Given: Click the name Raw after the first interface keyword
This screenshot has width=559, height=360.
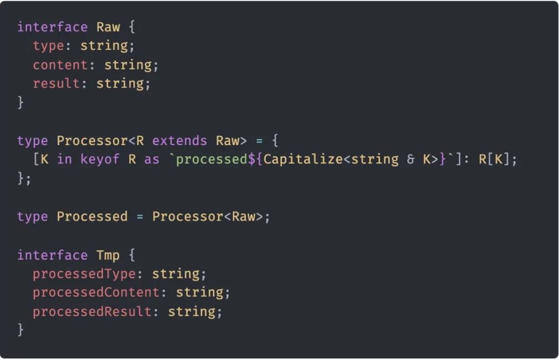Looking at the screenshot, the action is point(108,27).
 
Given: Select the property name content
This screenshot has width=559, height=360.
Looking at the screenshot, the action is point(60,65).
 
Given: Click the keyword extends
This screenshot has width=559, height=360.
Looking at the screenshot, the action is point(180,141).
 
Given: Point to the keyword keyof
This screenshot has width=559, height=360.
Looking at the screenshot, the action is point(100,160).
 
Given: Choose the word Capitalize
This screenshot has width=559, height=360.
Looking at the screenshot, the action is point(303,160).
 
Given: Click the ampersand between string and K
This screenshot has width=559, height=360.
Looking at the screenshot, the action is point(411,160).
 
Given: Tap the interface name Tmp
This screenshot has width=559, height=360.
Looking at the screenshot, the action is point(108,255).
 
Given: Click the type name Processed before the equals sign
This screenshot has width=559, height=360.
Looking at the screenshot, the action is point(92,217).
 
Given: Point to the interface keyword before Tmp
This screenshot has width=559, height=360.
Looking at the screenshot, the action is point(53,255).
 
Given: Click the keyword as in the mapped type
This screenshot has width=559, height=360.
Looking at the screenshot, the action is point(152,160).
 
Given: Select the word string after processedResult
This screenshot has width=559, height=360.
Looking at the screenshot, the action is point(192,311).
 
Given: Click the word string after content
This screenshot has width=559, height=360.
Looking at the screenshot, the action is point(128,65).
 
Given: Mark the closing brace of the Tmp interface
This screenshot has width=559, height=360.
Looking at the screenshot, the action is point(20,330).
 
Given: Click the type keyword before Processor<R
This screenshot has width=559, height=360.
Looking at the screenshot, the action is point(33,141).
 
